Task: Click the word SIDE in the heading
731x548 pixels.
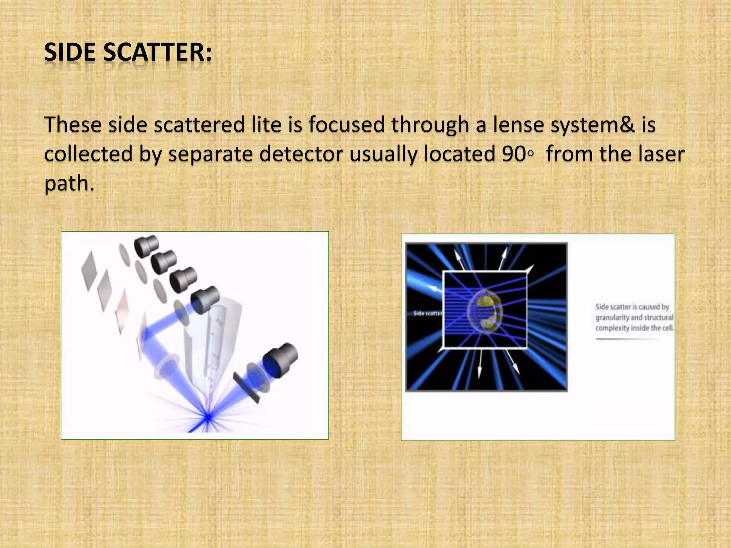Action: coord(70,52)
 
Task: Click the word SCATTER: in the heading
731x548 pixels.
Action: coord(157,52)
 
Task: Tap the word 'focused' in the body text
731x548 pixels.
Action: coord(346,125)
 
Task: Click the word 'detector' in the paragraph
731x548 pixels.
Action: coord(301,154)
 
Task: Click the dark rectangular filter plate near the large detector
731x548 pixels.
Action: coord(246,387)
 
